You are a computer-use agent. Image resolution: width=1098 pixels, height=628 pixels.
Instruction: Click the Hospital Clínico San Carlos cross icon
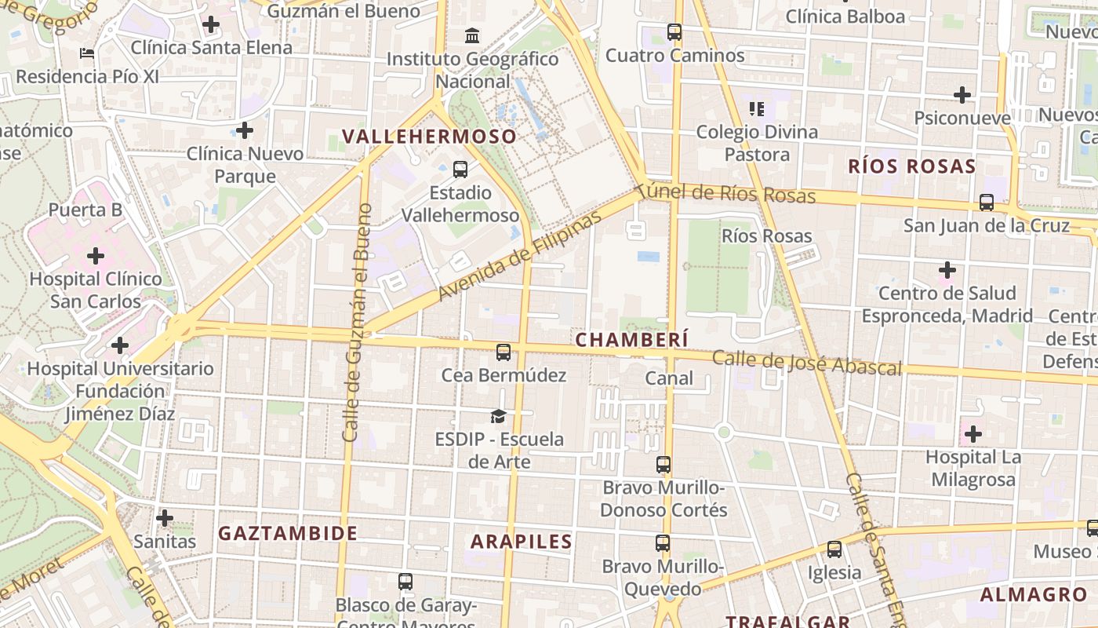point(95,256)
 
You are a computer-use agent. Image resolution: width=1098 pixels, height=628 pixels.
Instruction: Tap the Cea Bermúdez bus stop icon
point(504,352)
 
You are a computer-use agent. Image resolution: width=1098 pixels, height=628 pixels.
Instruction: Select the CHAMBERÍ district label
point(632,339)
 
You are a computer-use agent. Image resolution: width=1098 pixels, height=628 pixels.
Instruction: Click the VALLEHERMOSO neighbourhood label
point(430,137)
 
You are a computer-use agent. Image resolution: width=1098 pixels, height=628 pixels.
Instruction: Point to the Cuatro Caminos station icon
point(674,32)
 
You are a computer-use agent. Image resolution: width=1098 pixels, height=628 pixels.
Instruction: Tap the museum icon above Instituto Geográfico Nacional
point(473,35)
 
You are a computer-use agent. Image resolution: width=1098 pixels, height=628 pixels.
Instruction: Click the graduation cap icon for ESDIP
point(498,416)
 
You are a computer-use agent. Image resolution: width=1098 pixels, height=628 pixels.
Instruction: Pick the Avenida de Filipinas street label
point(518,255)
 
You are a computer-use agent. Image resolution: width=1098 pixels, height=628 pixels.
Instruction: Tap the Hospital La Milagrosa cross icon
point(973,433)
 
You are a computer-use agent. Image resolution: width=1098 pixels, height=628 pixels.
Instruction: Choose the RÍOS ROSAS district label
point(912,166)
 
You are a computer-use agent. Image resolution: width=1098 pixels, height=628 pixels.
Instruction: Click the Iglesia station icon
point(834,549)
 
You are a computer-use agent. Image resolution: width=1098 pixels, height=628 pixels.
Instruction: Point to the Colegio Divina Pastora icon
point(757,108)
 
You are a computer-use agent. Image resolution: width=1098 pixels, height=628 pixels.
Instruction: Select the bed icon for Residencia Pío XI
point(87,53)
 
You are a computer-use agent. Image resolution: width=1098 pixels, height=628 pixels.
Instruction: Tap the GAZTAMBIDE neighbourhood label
point(288,533)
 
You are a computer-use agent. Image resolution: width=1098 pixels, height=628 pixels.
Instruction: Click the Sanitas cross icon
point(165,518)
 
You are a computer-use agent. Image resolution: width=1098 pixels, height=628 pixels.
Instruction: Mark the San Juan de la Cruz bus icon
point(987,203)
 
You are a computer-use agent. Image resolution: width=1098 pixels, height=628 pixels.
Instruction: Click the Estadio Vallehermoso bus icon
point(460,169)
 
